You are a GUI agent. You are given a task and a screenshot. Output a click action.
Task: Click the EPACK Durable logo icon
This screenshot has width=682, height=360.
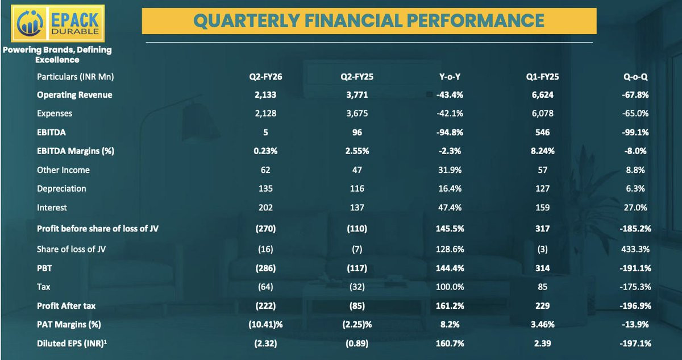[x=30, y=23]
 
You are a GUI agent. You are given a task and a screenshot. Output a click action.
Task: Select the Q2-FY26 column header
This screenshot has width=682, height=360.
[x=265, y=77]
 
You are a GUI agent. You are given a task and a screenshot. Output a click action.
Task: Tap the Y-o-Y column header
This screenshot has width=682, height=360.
[x=450, y=77]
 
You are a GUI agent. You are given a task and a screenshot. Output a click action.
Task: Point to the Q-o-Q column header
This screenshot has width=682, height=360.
[x=635, y=77]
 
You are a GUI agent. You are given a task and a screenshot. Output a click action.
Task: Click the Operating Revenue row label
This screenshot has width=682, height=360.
[x=74, y=95]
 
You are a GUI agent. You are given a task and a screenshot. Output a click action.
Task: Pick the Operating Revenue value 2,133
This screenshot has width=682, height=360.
[x=265, y=95]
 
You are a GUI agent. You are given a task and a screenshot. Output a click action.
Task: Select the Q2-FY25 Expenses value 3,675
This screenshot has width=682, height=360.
[x=357, y=114]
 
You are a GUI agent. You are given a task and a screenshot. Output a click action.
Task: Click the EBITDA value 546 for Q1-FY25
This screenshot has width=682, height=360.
[x=543, y=133]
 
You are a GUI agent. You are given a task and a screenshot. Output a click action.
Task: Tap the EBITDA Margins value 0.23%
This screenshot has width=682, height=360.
[x=265, y=151]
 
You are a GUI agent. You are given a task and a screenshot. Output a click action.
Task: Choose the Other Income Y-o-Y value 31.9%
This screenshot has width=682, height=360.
[x=450, y=170]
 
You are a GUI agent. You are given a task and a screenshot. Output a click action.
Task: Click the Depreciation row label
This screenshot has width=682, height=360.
[x=61, y=189]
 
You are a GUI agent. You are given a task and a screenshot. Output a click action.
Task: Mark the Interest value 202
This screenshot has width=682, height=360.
[x=265, y=208]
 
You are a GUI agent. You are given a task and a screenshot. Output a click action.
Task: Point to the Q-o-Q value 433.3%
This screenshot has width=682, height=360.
[x=635, y=250]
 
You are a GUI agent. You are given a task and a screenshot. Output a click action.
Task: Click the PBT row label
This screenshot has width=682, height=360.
[x=44, y=268]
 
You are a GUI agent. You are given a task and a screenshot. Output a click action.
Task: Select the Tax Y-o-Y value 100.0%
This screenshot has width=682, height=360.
[x=450, y=287]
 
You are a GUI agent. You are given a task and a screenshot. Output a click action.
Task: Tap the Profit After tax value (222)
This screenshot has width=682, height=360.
[x=265, y=306]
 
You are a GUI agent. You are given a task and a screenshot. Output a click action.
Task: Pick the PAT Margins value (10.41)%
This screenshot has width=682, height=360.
[x=265, y=325]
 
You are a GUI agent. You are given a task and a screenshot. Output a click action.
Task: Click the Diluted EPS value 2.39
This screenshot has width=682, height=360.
[x=543, y=344]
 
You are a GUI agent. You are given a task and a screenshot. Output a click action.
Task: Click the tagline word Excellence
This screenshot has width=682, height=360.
[x=57, y=60]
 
